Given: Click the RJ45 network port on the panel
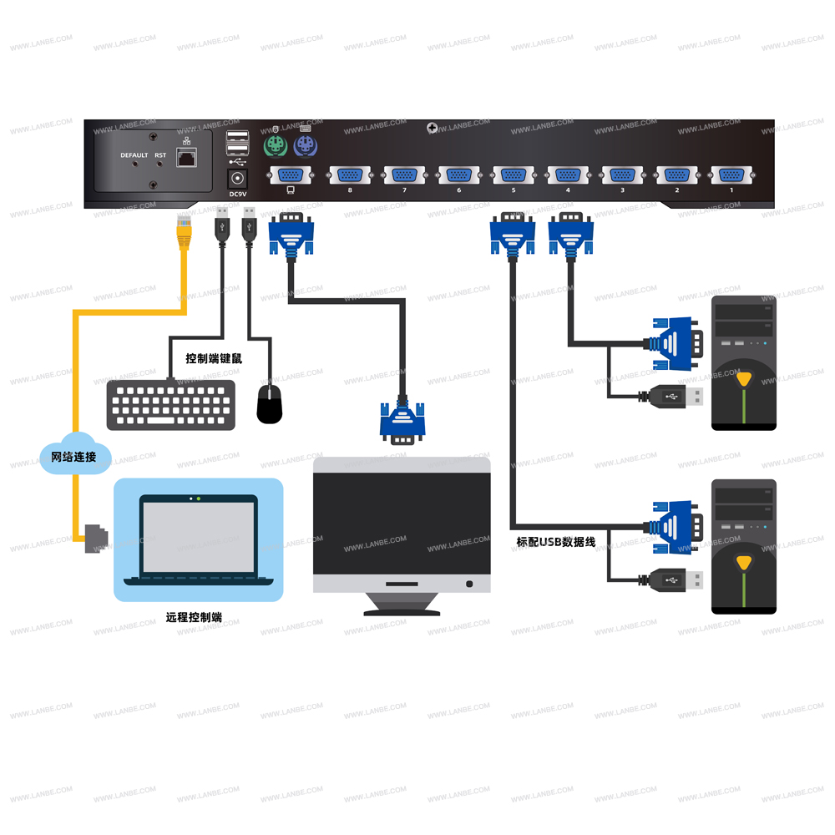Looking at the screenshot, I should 189,159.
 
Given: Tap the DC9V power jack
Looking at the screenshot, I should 238,179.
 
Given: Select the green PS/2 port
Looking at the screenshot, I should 275,149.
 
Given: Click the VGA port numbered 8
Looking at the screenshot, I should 349,175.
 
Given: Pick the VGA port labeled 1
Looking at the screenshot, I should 731,175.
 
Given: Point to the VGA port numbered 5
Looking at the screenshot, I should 513,175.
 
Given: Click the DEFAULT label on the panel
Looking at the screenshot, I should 134,155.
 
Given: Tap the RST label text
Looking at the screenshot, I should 160,155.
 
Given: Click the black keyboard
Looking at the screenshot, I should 171,404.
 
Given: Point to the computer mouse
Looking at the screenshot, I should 270,403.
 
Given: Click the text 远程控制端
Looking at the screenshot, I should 194,618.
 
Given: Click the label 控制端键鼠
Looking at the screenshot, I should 214,358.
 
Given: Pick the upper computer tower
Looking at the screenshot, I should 743,363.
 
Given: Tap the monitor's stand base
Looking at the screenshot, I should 402,611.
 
